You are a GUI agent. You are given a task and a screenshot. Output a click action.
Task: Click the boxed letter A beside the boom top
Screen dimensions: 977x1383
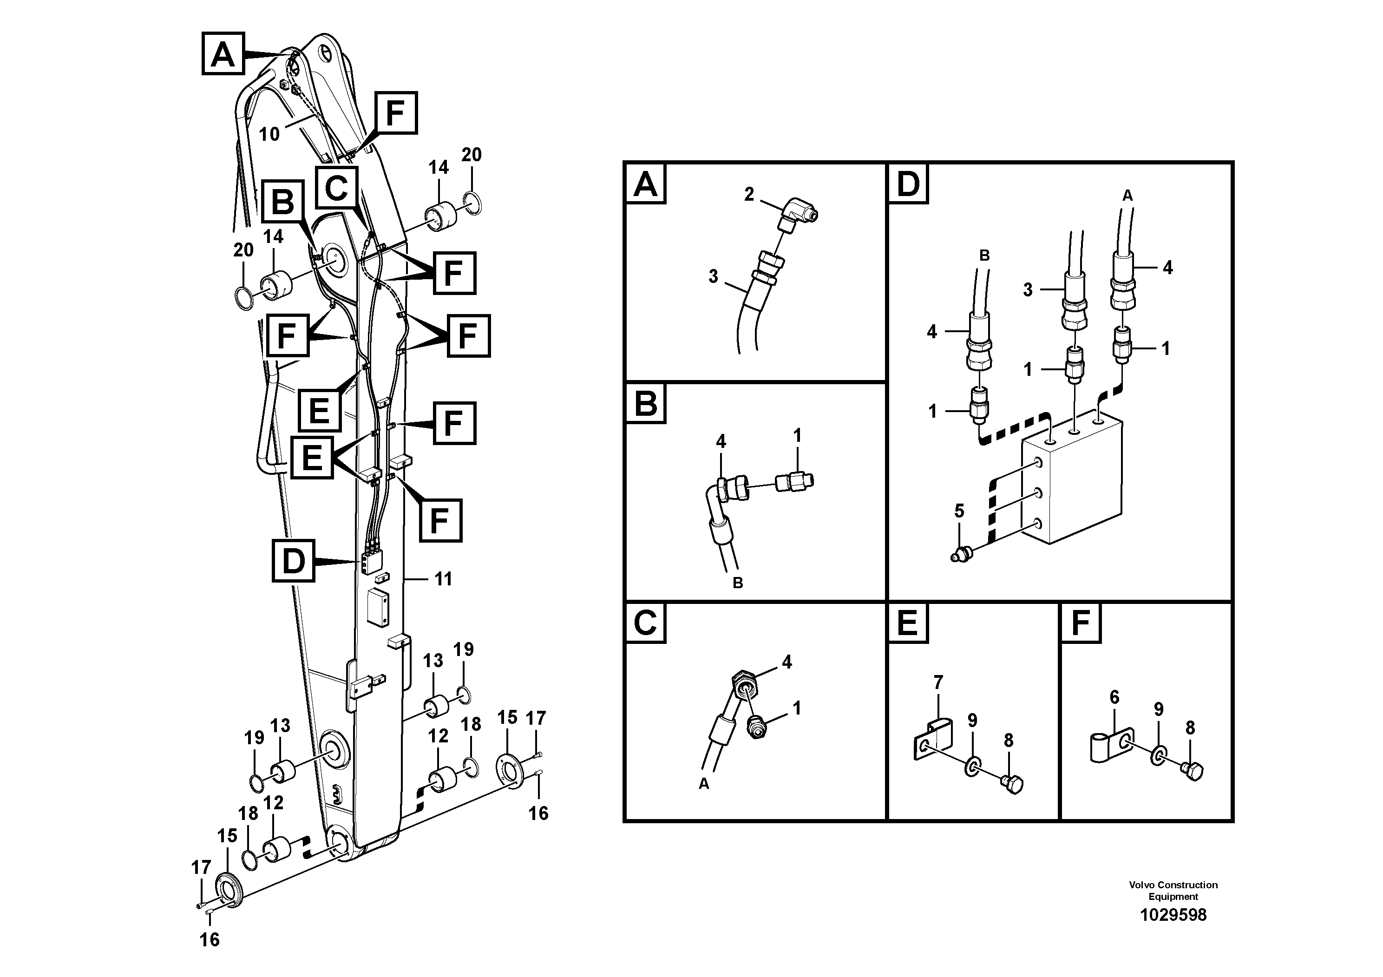(x=223, y=54)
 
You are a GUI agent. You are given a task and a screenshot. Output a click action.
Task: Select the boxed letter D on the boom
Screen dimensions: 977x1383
(x=293, y=561)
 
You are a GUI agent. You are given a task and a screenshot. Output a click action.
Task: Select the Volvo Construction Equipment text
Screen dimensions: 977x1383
(x=1173, y=890)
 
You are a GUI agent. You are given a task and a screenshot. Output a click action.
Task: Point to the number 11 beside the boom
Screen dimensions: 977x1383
(x=443, y=579)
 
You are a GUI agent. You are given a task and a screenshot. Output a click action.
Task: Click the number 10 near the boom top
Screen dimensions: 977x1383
(x=269, y=134)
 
